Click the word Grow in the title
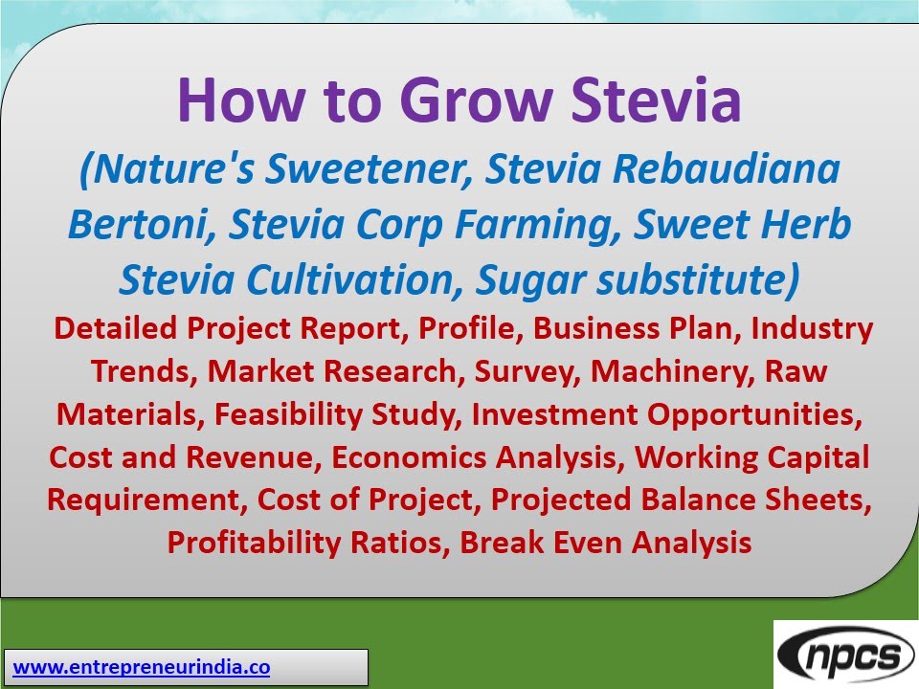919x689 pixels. pyautogui.click(x=459, y=100)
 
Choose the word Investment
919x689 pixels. pyautogui.click(x=553, y=414)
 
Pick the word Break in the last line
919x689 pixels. pyautogui.click(x=503, y=543)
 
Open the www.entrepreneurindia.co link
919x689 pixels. pyautogui.click(x=142, y=667)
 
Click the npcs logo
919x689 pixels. pyautogui.click(x=845, y=656)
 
